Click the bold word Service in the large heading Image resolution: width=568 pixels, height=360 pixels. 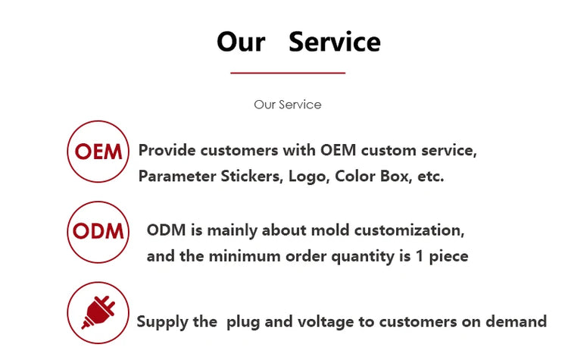(334, 42)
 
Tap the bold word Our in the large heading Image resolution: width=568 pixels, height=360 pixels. (241, 42)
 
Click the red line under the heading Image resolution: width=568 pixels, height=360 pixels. (288, 73)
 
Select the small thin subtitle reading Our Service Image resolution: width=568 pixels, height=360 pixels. (288, 105)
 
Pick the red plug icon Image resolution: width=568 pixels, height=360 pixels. (98, 312)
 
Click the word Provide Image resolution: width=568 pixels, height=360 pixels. (167, 151)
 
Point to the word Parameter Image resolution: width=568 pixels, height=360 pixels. (176, 176)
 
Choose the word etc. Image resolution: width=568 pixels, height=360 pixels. (431, 177)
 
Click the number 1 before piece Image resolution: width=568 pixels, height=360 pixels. (420, 256)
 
